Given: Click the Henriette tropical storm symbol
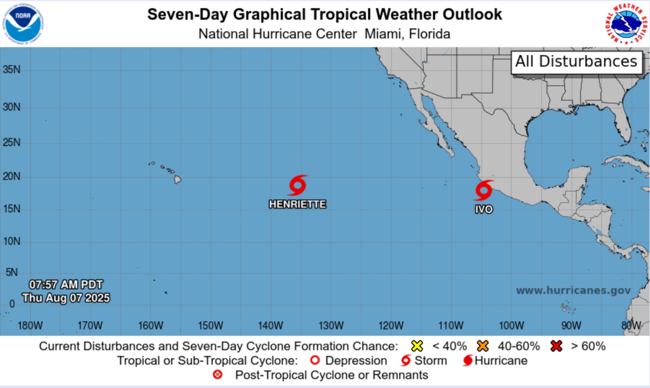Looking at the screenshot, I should pos(298,185).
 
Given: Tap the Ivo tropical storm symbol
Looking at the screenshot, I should pos(484,190).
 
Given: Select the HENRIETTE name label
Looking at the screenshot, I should pos(298,204).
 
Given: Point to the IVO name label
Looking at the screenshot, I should pos(484,210).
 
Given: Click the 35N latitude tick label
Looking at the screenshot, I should pos(11,69).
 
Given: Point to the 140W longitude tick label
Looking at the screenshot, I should pos(271,326).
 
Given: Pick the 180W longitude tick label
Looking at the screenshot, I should pos(30,326).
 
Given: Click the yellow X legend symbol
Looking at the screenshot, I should pos(417,346).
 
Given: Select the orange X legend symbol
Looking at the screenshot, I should pos(482,346).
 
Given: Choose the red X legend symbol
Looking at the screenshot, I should pos(556,346).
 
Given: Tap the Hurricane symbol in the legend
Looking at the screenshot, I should pos(467,360).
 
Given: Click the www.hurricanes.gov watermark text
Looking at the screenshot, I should pos(573,290).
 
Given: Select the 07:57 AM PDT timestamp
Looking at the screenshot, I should pos(66,284).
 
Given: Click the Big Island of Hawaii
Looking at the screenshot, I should pos(178,179).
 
